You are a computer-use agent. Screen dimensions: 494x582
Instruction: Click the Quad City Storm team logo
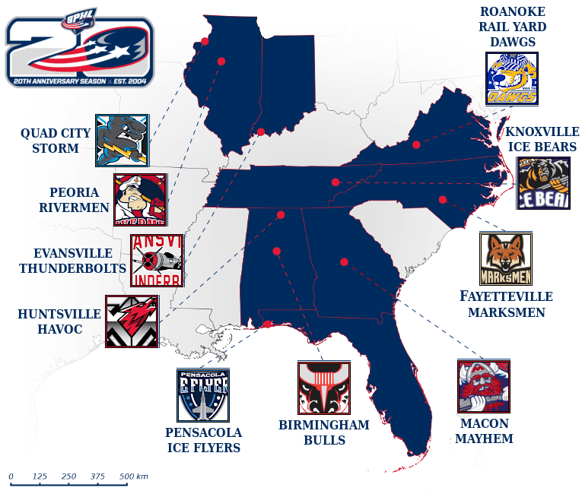tap(122, 141)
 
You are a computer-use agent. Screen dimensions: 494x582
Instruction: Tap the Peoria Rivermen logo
tap(140, 200)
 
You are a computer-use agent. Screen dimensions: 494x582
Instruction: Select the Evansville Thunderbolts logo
tap(157, 260)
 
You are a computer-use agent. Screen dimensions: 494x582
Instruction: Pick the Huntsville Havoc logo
tap(132, 321)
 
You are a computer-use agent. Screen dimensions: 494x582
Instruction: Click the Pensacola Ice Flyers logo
tap(203, 395)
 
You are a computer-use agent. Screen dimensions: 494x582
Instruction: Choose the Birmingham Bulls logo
tap(323, 388)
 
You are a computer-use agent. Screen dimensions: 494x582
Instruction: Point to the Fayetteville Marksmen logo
tap(506, 259)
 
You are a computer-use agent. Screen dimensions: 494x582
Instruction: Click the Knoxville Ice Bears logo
tap(543, 183)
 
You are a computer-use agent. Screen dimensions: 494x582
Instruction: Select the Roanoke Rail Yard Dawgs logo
tap(512, 78)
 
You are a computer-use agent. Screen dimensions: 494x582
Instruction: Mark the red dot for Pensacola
tap(269, 325)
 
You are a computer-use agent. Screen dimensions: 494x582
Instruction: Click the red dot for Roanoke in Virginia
tap(416, 144)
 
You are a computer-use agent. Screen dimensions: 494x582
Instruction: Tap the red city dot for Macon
tap(344, 262)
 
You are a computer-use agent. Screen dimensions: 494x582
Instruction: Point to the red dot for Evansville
tap(260, 132)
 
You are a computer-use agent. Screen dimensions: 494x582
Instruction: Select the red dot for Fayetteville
tap(442, 200)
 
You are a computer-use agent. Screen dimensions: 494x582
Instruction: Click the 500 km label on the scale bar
tap(133, 477)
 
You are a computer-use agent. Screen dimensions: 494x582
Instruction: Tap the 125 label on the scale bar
tap(40, 477)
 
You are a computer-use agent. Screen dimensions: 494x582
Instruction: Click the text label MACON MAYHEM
tap(484, 431)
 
